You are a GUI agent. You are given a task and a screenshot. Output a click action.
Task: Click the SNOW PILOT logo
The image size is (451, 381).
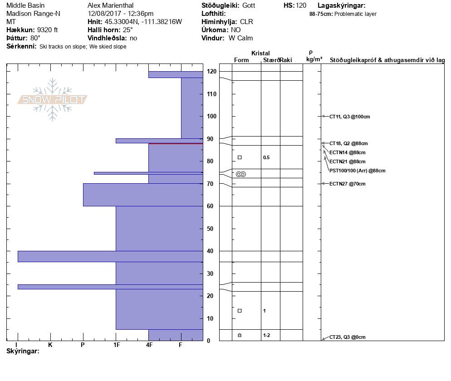coord(52,99)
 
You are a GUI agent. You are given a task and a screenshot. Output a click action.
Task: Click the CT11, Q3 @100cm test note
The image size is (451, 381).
coord(349,117)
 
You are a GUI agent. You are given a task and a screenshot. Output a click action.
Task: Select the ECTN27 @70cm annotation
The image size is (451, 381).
coord(347,184)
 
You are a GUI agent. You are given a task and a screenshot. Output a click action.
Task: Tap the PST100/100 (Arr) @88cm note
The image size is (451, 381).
coord(357,171)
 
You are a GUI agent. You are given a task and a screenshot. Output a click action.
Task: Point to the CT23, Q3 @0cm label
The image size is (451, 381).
coord(347,337)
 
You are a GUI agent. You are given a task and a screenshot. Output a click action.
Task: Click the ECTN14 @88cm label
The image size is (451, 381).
coord(347,152)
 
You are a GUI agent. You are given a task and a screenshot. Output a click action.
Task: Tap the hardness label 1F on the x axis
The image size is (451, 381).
coord(116,345)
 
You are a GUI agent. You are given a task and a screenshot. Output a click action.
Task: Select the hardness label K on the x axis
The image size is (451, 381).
coord(50,345)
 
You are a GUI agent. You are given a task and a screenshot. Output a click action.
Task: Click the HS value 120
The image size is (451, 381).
coord(301,5)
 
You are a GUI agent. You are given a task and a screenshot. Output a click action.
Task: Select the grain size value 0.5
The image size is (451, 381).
coord(266,158)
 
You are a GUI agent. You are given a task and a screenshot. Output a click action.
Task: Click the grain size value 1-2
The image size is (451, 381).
coord(266,335)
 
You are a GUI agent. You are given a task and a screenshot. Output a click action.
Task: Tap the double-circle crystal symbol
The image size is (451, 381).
coord(241,174)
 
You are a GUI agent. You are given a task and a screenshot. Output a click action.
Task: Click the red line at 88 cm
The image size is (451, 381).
coord(176,143)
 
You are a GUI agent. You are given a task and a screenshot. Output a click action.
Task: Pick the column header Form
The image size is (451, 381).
coord(241,60)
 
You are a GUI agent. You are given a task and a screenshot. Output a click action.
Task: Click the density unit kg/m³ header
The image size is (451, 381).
coord(314,59)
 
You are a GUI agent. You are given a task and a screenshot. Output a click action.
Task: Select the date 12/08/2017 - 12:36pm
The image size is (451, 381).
coord(120,14)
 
